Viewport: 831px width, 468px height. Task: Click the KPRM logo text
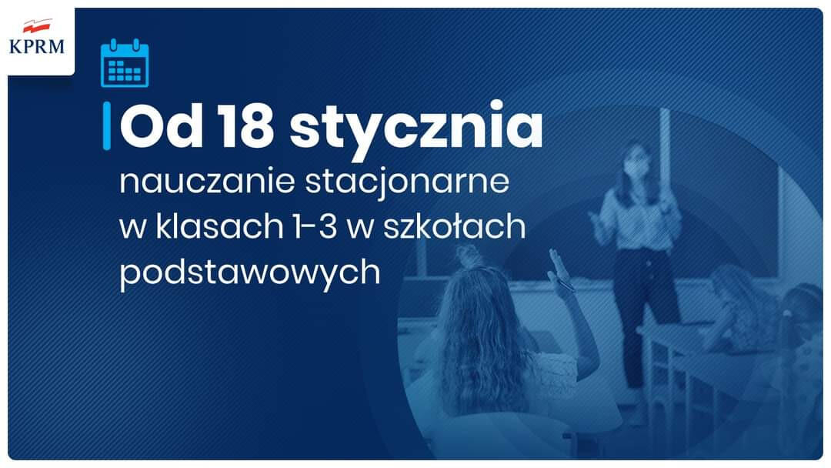(x=37, y=46)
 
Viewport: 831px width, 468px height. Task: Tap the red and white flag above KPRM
(x=38, y=25)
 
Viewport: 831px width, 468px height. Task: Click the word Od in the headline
(x=161, y=127)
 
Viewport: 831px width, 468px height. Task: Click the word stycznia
(x=416, y=130)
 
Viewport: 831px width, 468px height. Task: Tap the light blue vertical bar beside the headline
(x=106, y=125)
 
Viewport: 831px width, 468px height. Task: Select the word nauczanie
(x=207, y=181)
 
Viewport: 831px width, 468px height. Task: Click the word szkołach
(x=454, y=226)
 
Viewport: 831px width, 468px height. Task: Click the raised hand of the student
(x=559, y=269)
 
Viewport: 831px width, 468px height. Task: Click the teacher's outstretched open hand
(x=600, y=226)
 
